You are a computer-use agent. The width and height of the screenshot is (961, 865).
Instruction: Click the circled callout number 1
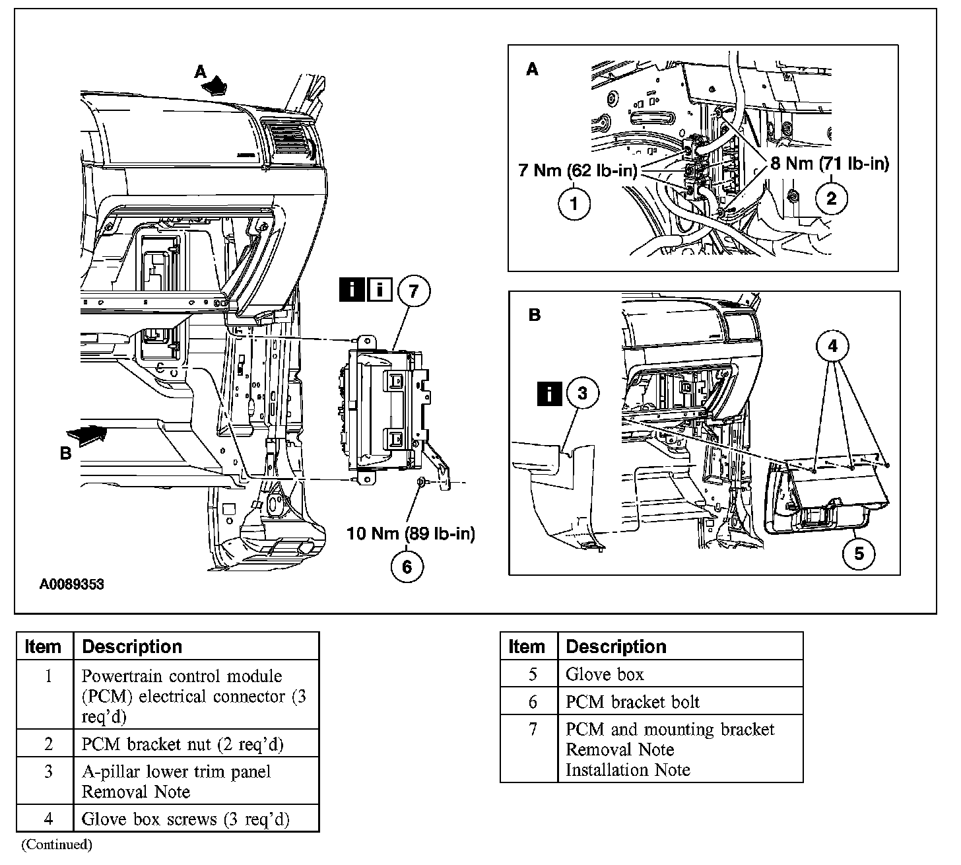tap(574, 203)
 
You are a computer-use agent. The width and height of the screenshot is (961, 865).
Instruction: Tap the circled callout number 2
tap(831, 197)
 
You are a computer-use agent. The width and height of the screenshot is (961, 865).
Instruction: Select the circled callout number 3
tap(581, 394)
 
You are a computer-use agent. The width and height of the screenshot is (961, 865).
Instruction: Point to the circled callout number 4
tap(833, 345)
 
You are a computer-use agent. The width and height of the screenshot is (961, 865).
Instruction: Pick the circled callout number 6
tap(407, 566)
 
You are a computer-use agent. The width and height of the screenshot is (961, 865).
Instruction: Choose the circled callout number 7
tap(413, 291)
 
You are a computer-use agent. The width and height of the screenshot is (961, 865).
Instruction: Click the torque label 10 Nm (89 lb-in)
tap(411, 533)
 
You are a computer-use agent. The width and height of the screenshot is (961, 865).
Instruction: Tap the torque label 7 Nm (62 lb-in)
tap(578, 171)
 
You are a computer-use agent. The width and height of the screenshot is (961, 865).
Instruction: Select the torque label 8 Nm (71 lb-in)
tap(830, 163)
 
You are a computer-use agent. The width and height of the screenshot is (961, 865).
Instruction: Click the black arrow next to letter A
tap(217, 86)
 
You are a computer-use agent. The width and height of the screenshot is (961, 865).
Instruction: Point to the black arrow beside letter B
tap(87, 436)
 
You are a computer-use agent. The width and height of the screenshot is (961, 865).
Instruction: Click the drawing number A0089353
tap(71, 584)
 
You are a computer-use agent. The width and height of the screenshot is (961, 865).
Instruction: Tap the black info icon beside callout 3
tap(550, 394)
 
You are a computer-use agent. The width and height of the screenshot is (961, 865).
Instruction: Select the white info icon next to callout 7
tap(380, 291)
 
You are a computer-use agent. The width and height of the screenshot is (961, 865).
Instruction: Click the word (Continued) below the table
tap(57, 844)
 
